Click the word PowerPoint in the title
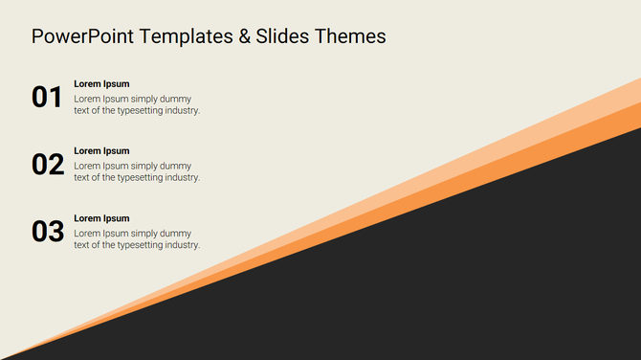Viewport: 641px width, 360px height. click(x=81, y=36)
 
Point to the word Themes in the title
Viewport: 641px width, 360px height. click(x=352, y=36)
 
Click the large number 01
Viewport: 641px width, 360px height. click(x=47, y=97)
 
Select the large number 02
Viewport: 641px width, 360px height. click(x=47, y=165)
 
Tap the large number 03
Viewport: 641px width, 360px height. click(x=47, y=232)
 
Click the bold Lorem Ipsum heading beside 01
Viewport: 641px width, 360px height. click(x=101, y=84)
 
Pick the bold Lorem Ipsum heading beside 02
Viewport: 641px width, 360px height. click(x=101, y=151)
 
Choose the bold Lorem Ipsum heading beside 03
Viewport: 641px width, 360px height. click(x=101, y=218)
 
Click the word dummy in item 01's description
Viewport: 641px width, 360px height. click(x=175, y=99)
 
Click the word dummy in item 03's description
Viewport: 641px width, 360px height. click(x=175, y=234)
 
